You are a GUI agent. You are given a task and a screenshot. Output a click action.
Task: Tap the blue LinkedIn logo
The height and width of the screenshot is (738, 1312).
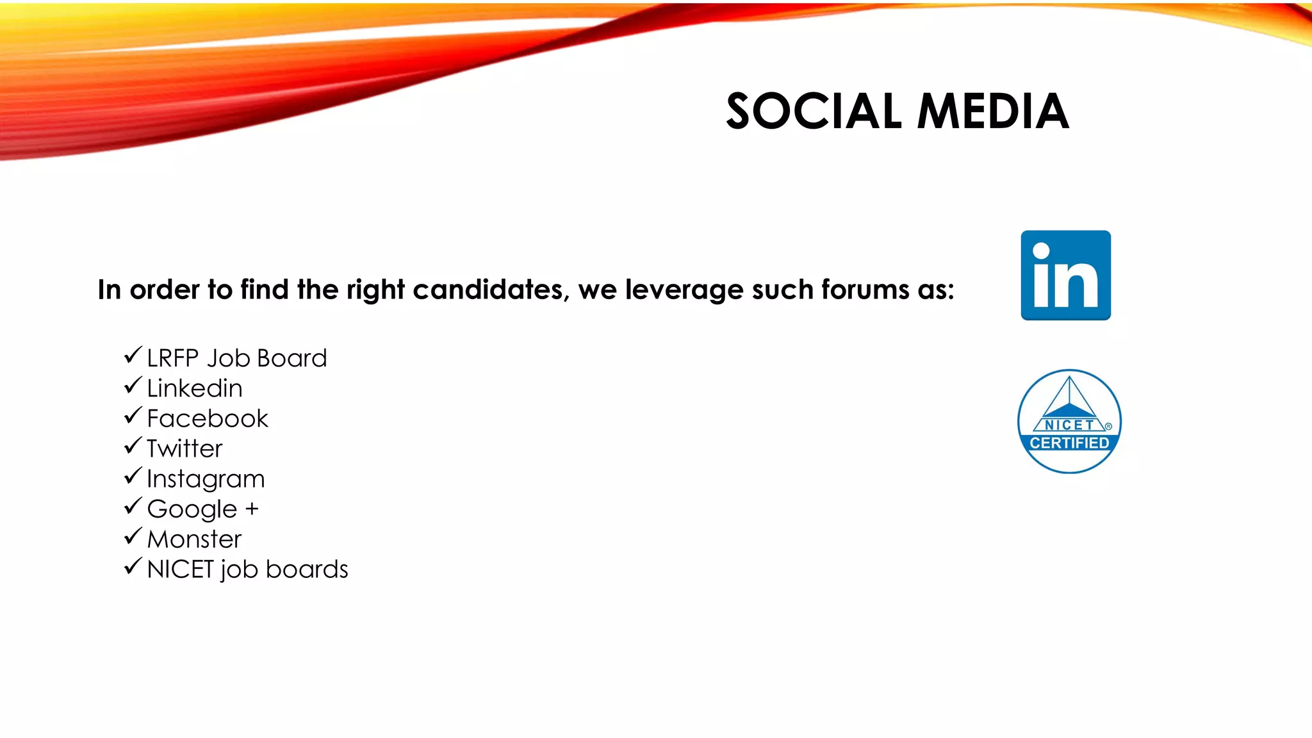(1065, 275)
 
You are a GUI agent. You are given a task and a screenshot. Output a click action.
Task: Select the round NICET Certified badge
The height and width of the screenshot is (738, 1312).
(1069, 421)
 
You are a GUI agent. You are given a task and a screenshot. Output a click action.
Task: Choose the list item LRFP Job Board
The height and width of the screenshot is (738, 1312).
(236, 358)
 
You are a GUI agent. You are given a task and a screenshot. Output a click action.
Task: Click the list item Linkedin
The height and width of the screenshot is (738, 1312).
(194, 388)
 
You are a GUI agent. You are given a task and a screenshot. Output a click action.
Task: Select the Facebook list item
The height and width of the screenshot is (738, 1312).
(207, 418)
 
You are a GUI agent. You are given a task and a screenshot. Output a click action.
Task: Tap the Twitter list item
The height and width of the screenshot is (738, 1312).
(184, 448)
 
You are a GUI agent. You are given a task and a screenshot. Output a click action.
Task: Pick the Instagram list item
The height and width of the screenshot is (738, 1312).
(205, 479)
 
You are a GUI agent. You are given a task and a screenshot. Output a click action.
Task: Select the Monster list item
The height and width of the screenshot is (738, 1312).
(194, 539)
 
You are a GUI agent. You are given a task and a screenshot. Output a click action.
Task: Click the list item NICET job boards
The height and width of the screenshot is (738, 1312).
(247, 570)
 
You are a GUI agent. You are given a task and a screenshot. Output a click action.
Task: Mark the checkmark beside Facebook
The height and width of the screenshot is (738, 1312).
(133, 416)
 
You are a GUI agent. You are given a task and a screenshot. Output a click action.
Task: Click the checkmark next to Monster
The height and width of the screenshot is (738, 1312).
(133, 536)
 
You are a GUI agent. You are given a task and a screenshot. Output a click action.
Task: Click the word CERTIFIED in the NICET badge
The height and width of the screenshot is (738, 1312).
(1069, 443)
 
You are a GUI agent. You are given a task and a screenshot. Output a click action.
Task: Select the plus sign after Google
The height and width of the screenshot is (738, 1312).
(252, 509)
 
